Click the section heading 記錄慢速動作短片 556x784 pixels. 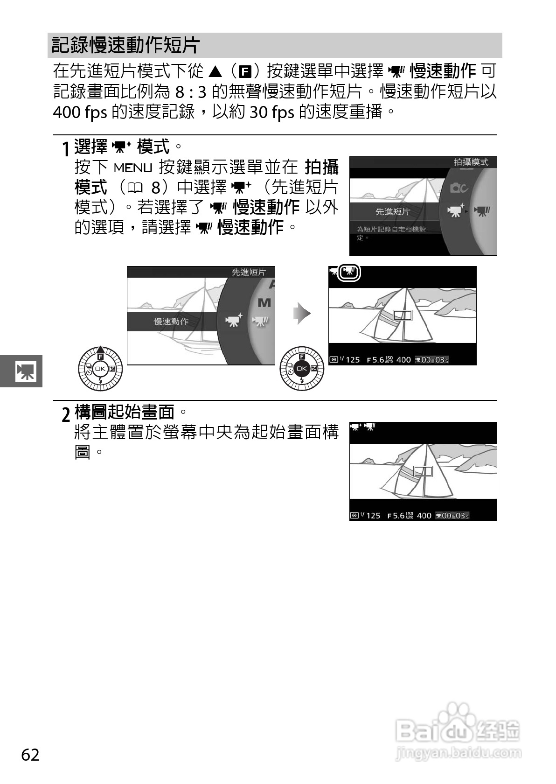126,45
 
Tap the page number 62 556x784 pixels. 30,755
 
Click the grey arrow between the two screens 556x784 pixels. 302,313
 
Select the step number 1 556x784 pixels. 67,149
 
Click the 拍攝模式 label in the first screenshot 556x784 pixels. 471,162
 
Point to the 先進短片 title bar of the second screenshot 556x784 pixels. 249,272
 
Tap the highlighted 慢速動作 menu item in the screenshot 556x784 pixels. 171,322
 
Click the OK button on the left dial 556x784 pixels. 100,369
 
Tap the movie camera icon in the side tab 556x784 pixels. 25,371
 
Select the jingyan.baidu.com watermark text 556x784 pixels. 458,752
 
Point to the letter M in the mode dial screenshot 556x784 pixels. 264,303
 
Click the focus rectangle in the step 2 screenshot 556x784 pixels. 423,471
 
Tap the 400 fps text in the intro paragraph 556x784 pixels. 80,112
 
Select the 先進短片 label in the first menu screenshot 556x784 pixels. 393,211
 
